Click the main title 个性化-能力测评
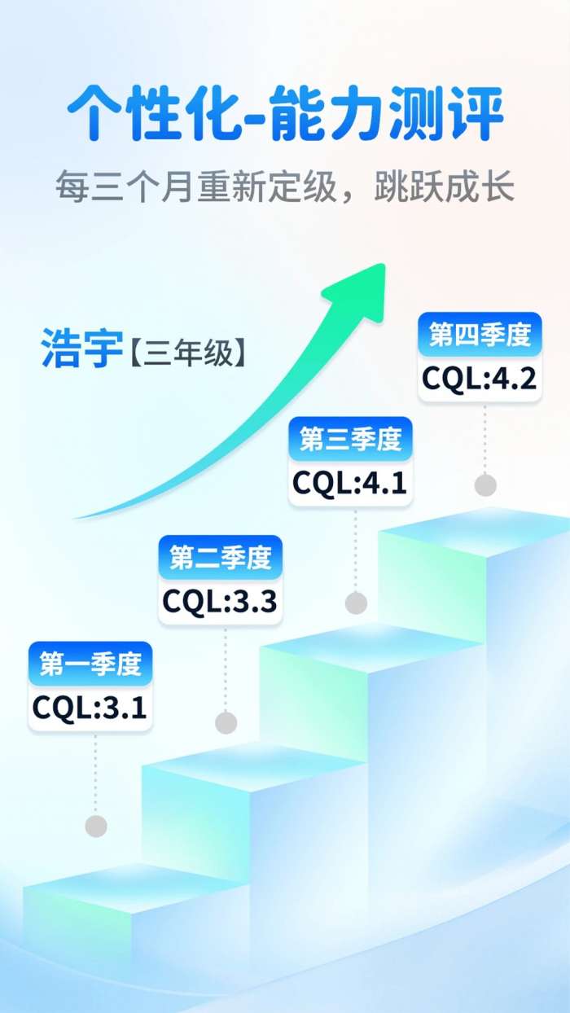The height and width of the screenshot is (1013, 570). coord(286,112)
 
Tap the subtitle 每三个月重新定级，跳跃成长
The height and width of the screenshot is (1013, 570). coord(285,186)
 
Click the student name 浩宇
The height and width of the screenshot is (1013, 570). coord(81,349)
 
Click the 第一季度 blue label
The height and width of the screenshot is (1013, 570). coord(90,664)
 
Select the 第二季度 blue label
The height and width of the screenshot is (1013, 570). coord(221,557)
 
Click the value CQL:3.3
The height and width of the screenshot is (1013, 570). coord(219,602)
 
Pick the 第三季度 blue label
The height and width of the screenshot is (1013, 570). coord(351,439)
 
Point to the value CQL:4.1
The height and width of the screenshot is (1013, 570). coord(349,483)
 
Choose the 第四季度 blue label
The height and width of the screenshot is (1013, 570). coord(480,334)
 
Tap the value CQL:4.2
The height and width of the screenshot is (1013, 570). coord(479,378)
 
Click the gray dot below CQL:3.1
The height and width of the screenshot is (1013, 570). coord(96,827)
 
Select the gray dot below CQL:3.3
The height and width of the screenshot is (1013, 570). coord(226,722)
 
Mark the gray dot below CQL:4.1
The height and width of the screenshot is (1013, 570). coord(356,603)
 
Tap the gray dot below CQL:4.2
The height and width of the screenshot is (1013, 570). coord(485,485)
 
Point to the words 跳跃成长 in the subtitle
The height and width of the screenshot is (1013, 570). coord(445,186)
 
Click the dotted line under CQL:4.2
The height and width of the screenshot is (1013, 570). coord(485,439)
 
